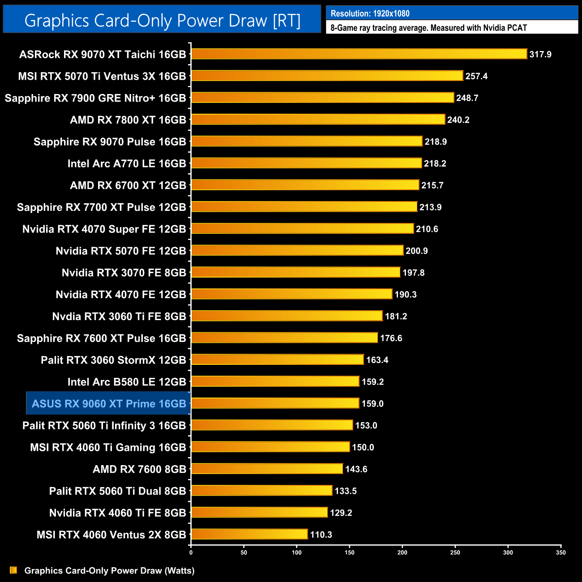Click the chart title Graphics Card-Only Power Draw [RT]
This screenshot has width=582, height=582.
pos(162,21)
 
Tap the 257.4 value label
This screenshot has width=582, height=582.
pos(476,76)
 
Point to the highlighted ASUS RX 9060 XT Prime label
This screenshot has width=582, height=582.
pos(109,404)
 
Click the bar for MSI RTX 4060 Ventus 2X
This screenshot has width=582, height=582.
pos(249,534)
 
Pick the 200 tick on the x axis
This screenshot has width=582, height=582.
pos(402,552)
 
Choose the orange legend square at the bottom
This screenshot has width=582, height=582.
pos(13,570)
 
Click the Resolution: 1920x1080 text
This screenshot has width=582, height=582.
pos(370,13)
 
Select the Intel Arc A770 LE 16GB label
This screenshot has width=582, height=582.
pos(127,163)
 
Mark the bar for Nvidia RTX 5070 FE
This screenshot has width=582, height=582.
pos(297,251)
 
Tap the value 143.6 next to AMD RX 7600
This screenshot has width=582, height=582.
pos(356,469)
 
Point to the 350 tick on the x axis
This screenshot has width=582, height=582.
pos(561,552)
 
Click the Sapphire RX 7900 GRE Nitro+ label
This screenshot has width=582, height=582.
pos(95,98)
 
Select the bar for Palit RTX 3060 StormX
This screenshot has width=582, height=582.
pos(278,359)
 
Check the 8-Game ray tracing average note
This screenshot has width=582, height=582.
pos(428,28)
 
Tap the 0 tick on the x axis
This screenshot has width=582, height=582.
pos(191,552)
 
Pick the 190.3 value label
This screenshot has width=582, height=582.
pos(406,295)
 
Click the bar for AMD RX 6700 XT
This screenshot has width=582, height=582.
pos(305,185)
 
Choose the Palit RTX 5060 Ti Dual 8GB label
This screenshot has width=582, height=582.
pos(117,491)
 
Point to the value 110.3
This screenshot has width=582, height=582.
pos(321,535)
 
